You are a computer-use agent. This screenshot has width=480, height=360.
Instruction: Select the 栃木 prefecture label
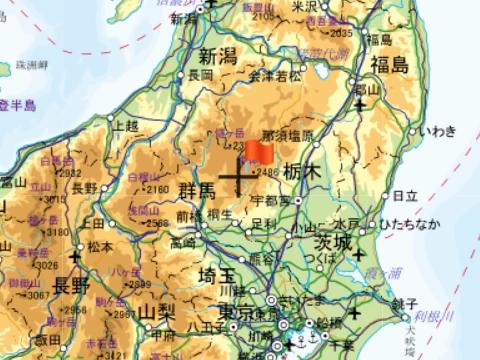pyautogui.click(x=300, y=172)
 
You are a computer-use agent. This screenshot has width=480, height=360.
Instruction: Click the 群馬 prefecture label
pyautogui.click(x=197, y=190)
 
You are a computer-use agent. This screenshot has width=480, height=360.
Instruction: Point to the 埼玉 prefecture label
pyautogui.click(x=219, y=275)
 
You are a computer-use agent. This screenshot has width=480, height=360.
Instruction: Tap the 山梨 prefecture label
pyautogui.click(x=156, y=312)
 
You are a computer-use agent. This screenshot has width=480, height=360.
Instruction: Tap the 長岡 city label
pyautogui.click(x=200, y=75)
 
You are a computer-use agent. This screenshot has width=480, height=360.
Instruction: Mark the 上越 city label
pyautogui.click(x=126, y=126)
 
